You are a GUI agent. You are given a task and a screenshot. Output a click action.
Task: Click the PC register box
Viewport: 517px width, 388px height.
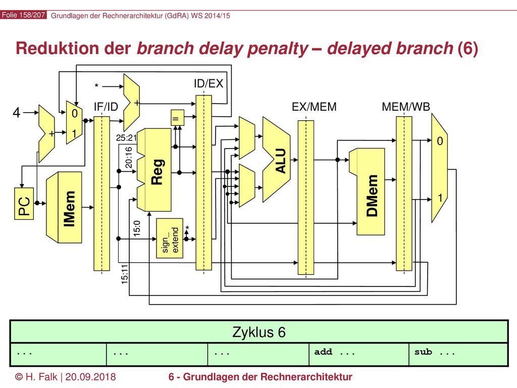24,204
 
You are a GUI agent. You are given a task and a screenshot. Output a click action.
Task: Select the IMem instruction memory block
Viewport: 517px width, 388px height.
64,208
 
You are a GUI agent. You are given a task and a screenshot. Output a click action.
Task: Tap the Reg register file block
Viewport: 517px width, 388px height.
154,170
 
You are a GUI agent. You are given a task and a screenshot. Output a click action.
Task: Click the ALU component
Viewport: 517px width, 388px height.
276,159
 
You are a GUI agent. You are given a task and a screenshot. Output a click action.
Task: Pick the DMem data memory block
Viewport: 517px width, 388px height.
367,191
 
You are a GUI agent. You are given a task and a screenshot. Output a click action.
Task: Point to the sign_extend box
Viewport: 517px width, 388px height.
170,238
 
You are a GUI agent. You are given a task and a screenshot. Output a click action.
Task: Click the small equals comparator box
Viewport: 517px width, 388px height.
177,118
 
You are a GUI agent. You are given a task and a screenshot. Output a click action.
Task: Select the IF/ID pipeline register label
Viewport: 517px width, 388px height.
106,107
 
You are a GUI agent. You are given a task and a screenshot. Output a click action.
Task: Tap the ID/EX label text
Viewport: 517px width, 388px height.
209,83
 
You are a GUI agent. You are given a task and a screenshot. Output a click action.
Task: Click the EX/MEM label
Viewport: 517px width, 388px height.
314,107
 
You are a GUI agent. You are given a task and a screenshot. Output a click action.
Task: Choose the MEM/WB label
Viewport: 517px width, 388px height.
406,107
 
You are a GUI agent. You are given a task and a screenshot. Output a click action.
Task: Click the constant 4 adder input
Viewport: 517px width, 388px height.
17,113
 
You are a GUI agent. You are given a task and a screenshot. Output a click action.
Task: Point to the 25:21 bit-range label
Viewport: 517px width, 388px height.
126,137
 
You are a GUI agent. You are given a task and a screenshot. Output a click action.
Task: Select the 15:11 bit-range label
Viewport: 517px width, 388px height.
124,274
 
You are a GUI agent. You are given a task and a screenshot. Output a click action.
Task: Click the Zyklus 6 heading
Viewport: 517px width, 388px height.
259,332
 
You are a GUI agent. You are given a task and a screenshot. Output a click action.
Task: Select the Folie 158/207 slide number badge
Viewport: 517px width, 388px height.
23,15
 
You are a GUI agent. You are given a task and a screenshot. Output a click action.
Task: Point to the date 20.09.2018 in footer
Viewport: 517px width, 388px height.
91,377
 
